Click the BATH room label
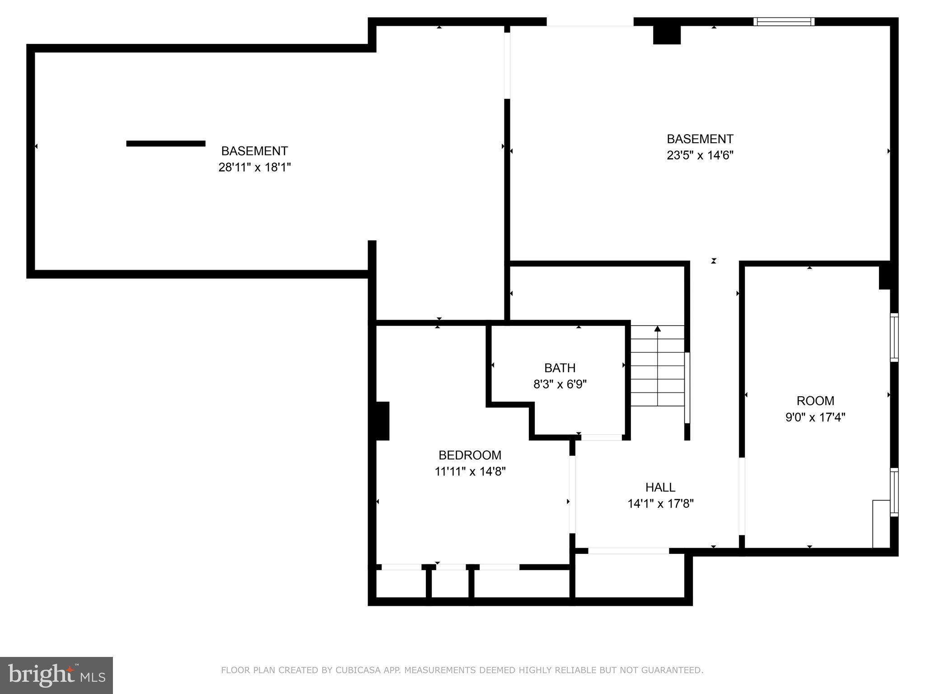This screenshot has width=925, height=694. click(x=560, y=368)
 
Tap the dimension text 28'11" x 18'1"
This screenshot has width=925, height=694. click(x=254, y=168)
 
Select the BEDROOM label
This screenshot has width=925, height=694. click(x=470, y=455)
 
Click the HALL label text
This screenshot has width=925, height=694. click(x=660, y=487)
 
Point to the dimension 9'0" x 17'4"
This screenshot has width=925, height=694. click(x=815, y=417)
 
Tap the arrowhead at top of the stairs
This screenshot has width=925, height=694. click(x=658, y=328)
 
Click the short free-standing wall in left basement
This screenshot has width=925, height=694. click(x=166, y=144)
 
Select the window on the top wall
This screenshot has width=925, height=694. click(x=784, y=21)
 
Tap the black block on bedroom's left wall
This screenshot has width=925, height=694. click(x=382, y=421)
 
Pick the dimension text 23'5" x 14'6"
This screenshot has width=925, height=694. click(x=700, y=155)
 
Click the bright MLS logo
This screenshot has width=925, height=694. click(x=56, y=675)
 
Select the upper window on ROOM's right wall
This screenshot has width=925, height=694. click(x=894, y=337)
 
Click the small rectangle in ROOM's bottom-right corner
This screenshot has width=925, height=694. click(x=881, y=523)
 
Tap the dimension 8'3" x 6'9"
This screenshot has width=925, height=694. click(x=560, y=385)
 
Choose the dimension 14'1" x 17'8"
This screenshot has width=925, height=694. click(x=660, y=504)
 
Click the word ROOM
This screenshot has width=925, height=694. click(x=815, y=401)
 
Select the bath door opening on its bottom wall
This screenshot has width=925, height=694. click(x=601, y=437)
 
